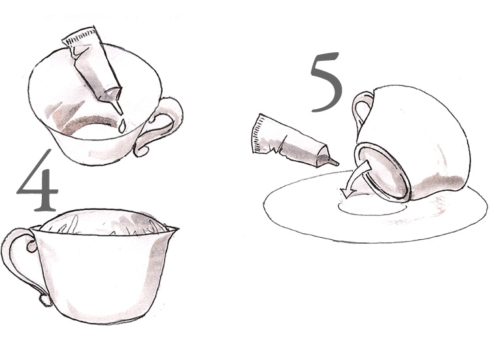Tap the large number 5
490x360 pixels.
(327, 82)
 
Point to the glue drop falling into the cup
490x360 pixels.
(122, 126)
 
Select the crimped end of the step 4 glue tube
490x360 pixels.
(80, 37)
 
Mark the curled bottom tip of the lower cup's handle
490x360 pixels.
(45, 299)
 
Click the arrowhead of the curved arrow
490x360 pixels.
(348, 193)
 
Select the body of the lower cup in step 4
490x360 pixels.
(103, 272)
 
